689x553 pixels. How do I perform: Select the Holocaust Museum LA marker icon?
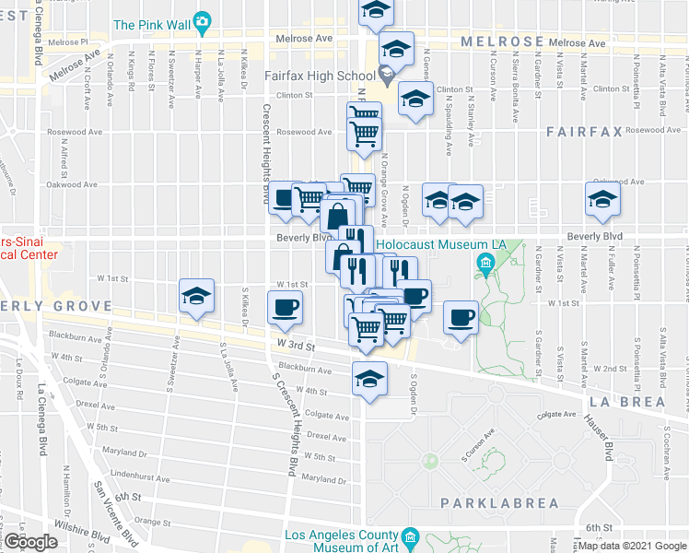pos(483,267)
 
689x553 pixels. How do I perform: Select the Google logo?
pos(30,542)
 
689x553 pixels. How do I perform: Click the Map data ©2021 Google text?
pos(632,546)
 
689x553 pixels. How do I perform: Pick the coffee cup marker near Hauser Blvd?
pos(461,318)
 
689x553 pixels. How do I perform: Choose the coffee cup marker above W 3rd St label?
pos(284,308)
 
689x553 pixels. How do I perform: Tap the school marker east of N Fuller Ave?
pos(603,200)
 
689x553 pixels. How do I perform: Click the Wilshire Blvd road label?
pos(84,532)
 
